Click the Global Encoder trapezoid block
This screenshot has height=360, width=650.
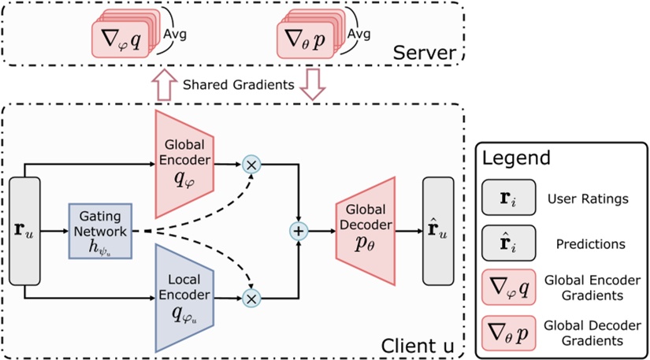pyautogui.click(x=185, y=163)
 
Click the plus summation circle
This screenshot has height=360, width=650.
pyautogui.click(x=299, y=232)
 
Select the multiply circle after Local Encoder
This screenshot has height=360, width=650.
pyautogui.click(x=252, y=299)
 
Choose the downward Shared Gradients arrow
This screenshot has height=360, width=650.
pyautogui.click(x=314, y=84)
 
